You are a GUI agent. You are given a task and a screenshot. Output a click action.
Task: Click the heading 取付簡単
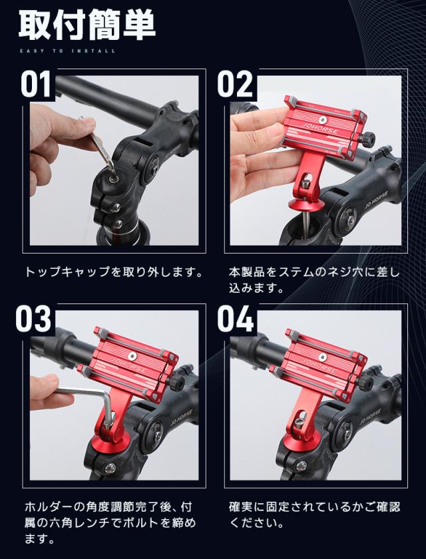(x=87, y=25)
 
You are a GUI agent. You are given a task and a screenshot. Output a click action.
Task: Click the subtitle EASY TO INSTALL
(x=67, y=51)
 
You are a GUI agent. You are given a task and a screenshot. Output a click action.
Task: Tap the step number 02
(x=235, y=85)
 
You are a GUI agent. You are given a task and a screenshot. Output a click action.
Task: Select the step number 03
(x=35, y=318)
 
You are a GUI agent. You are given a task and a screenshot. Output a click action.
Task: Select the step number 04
(x=236, y=318)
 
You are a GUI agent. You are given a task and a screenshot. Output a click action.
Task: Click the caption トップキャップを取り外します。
(x=113, y=273)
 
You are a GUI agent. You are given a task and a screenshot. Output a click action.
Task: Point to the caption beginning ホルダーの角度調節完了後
(x=113, y=523)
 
